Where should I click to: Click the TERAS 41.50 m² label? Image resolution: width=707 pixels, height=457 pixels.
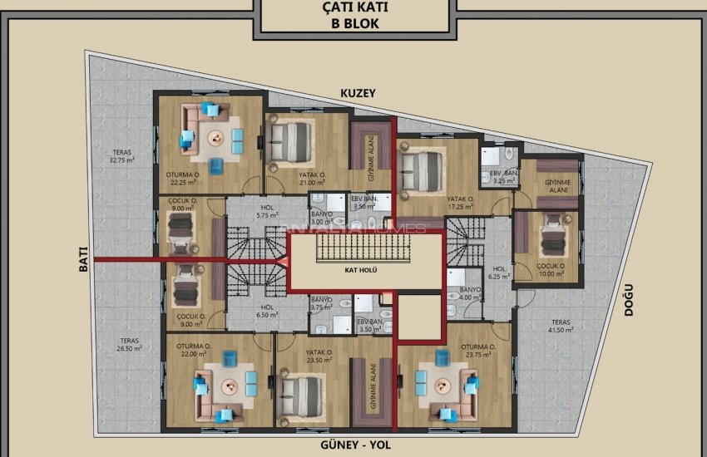click(559, 327)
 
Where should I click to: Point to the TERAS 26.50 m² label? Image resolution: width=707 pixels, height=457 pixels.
click(129, 344)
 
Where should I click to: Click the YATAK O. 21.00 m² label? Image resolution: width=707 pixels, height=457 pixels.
click(312, 179)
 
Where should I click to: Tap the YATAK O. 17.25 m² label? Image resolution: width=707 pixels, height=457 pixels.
click(460, 203)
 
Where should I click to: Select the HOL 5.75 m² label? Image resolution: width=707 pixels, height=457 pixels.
click(266, 212)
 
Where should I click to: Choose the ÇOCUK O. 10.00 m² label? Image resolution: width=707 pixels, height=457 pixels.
click(550, 270)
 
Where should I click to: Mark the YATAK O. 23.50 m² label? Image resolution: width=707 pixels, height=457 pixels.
click(295, 356)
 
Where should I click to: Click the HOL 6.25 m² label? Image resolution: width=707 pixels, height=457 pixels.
click(499, 273)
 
